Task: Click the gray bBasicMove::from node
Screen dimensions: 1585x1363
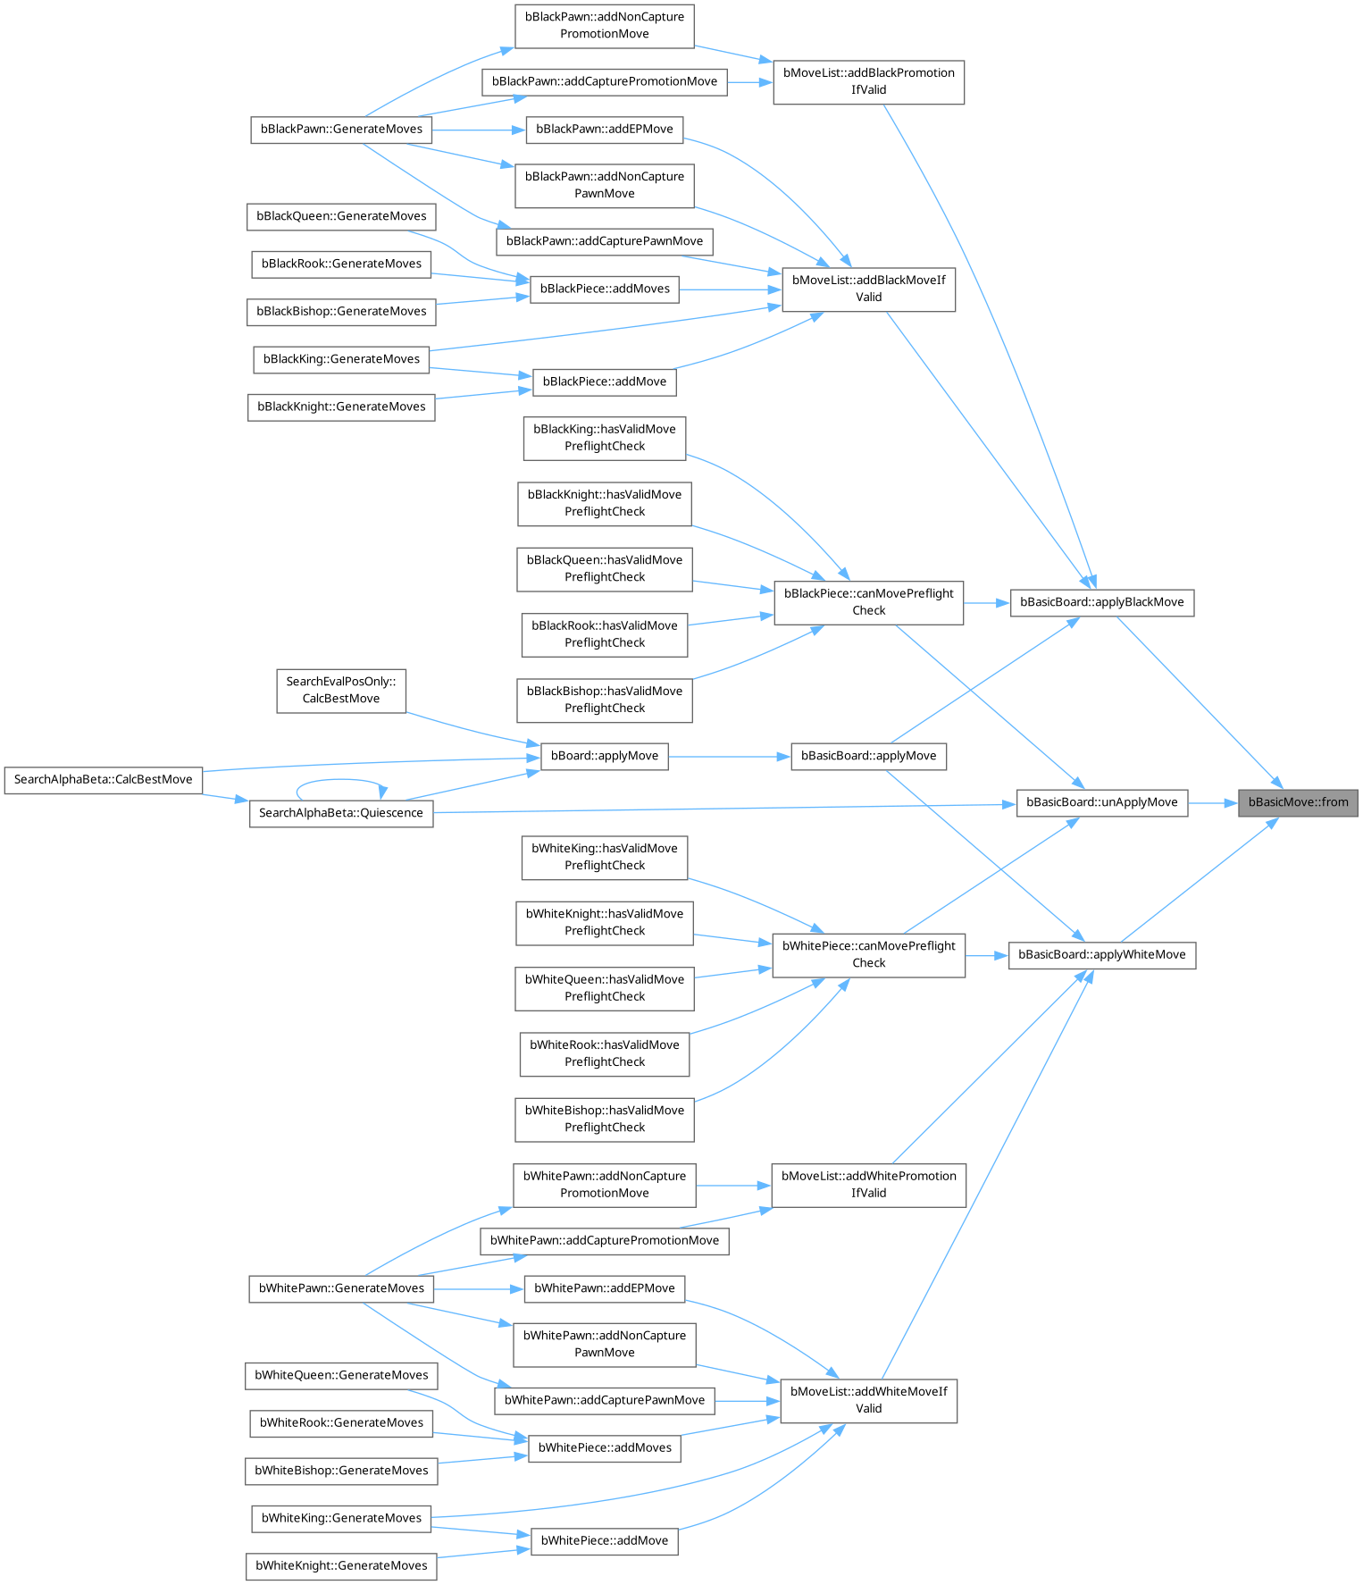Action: (x=1298, y=802)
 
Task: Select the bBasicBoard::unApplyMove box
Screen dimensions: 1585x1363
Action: (x=1101, y=802)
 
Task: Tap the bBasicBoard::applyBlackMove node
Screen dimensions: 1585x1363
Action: (x=1101, y=602)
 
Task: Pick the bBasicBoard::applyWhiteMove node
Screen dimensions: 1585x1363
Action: (x=1101, y=955)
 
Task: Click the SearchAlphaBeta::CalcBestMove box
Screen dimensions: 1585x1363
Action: (x=103, y=780)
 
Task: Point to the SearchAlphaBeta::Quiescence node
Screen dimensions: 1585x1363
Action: (x=340, y=813)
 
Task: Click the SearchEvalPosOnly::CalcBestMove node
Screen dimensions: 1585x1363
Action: (x=340, y=690)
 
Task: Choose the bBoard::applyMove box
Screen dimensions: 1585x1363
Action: (x=604, y=756)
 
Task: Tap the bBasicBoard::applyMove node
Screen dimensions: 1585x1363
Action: (x=868, y=756)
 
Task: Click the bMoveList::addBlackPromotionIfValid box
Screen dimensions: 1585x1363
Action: (x=868, y=81)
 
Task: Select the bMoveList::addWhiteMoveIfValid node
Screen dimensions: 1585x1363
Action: (x=868, y=1400)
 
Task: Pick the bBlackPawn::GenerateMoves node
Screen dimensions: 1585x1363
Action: (x=340, y=130)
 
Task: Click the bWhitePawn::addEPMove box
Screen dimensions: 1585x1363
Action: (x=604, y=1288)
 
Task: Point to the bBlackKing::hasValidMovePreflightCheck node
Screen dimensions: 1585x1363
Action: (x=604, y=438)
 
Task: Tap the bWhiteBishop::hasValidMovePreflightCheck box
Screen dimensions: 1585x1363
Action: (x=604, y=1119)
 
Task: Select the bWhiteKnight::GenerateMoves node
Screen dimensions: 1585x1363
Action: (x=340, y=1565)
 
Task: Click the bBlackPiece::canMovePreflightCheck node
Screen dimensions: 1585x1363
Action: (x=868, y=602)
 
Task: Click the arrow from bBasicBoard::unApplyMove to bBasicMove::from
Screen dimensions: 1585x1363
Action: (x=1212, y=802)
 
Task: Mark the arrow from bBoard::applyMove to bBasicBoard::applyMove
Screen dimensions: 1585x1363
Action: (x=729, y=756)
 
